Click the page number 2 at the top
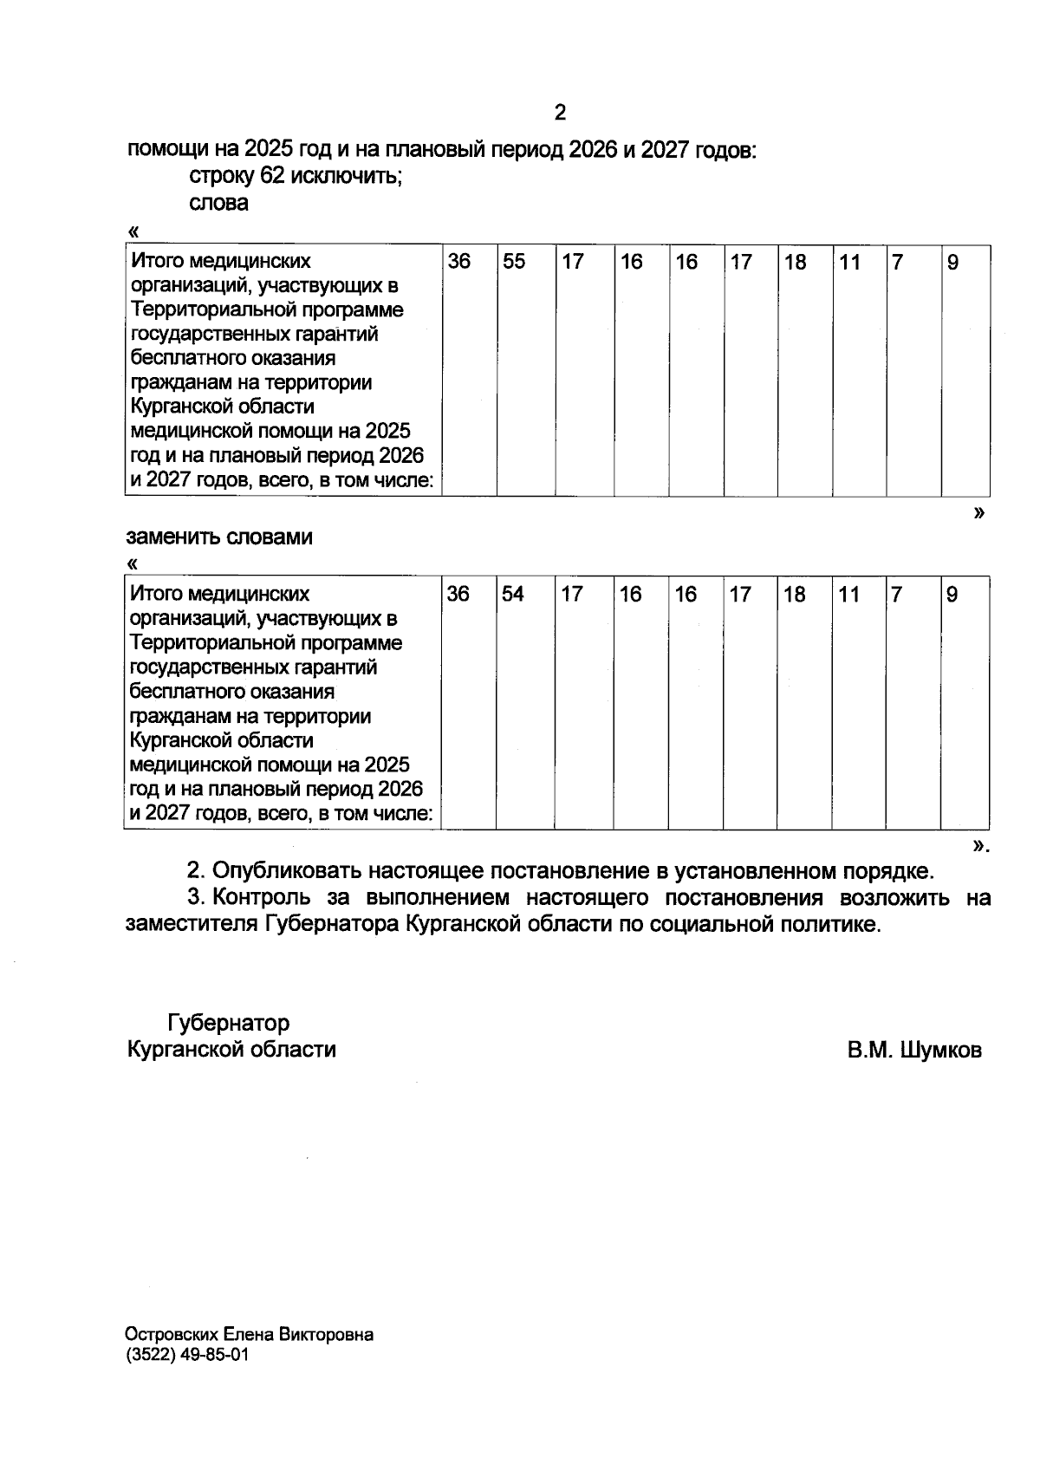(560, 113)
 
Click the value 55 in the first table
(514, 262)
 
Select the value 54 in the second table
(513, 595)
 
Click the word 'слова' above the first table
(218, 204)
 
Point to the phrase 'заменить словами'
(220, 537)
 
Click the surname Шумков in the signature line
(941, 1051)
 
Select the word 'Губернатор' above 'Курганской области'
(229, 1024)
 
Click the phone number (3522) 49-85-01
(186, 1356)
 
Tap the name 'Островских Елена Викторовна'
(250, 1335)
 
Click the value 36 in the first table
(458, 262)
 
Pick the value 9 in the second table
(952, 595)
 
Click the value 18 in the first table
(795, 262)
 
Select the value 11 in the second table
(849, 595)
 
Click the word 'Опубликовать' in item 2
(285, 870)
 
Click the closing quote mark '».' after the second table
(980, 844)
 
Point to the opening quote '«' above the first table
(133, 231)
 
